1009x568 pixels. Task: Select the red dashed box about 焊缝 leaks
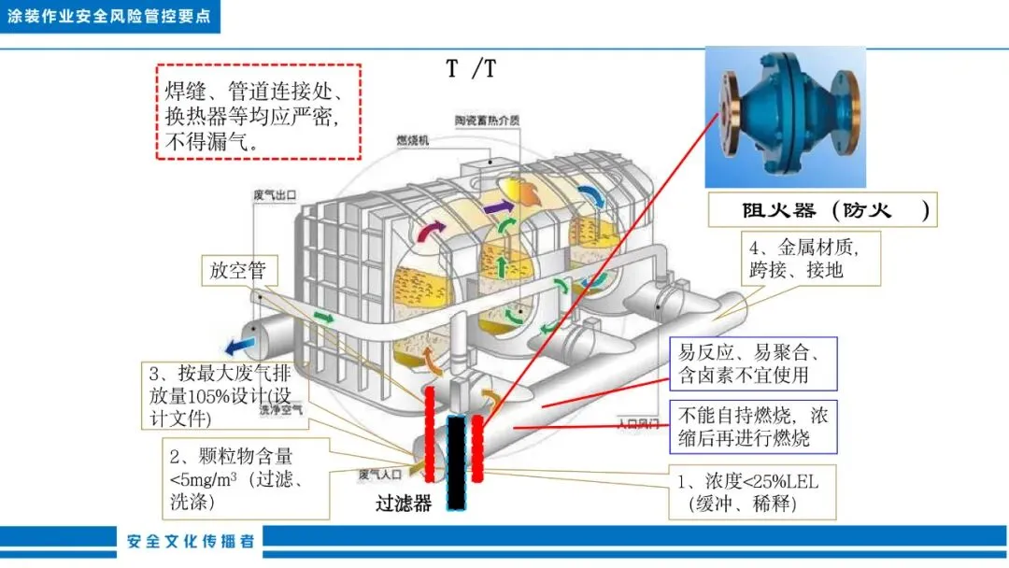(x=258, y=112)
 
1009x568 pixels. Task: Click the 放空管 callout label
(x=237, y=271)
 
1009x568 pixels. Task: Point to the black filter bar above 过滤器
(x=456, y=463)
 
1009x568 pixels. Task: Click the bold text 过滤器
(x=405, y=504)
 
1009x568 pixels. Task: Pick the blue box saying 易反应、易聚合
(x=755, y=363)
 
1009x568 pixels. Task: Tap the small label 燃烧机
(x=412, y=141)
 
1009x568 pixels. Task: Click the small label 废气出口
(x=275, y=194)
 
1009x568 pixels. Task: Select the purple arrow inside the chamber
(x=497, y=206)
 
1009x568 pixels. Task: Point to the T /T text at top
(x=471, y=69)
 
